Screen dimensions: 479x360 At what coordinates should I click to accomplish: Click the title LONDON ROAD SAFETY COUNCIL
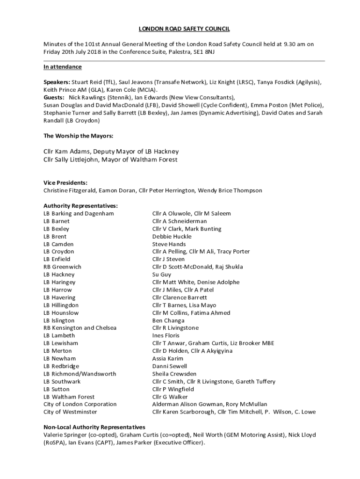[x=180, y=29]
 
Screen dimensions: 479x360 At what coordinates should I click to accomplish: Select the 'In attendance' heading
[x=63, y=67]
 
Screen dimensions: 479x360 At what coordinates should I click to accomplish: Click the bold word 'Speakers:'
[x=57, y=82]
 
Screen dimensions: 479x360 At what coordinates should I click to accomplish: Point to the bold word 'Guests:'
[x=54, y=97]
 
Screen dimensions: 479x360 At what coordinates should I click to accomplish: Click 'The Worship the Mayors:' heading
[x=79, y=136]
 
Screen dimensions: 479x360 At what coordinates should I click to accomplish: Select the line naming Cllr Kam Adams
[x=111, y=152]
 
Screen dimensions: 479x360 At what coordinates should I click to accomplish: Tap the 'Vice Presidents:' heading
[x=65, y=183]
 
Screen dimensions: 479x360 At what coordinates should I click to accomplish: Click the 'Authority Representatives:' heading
[x=80, y=206]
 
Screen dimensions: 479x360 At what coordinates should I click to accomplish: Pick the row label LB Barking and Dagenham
[x=79, y=213]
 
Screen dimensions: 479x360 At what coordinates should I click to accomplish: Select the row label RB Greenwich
[x=62, y=267]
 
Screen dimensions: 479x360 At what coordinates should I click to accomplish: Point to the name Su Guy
[x=162, y=275]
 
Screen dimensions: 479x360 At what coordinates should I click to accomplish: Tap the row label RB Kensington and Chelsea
[x=80, y=328]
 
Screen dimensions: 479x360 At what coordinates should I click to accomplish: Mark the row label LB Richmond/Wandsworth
[x=79, y=374]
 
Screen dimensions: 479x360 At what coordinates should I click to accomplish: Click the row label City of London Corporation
[x=80, y=404]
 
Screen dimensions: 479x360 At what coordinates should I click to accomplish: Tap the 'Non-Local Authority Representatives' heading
[x=94, y=427]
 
